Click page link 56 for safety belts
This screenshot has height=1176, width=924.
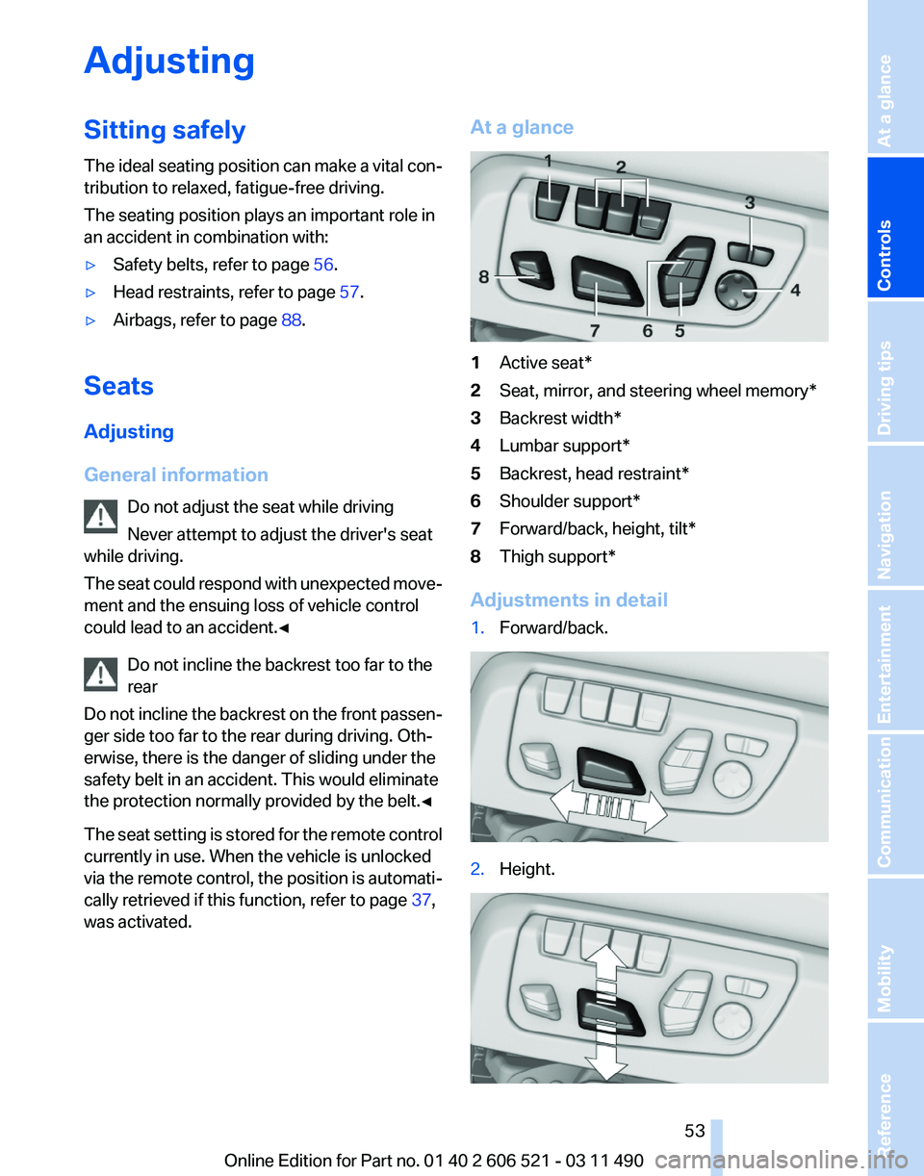(x=322, y=265)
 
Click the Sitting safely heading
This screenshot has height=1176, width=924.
(x=165, y=130)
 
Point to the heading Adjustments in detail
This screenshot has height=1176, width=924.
(x=568, y=601)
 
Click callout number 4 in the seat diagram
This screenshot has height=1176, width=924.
(x=795, y=290)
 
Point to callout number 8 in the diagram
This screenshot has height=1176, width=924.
(x=484, y=277)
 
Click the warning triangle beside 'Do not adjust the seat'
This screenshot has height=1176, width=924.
(x=101, y=517)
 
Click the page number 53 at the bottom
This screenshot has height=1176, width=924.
(x=695, y=1131)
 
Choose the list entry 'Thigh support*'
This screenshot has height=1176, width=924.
(x=556, y=556)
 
